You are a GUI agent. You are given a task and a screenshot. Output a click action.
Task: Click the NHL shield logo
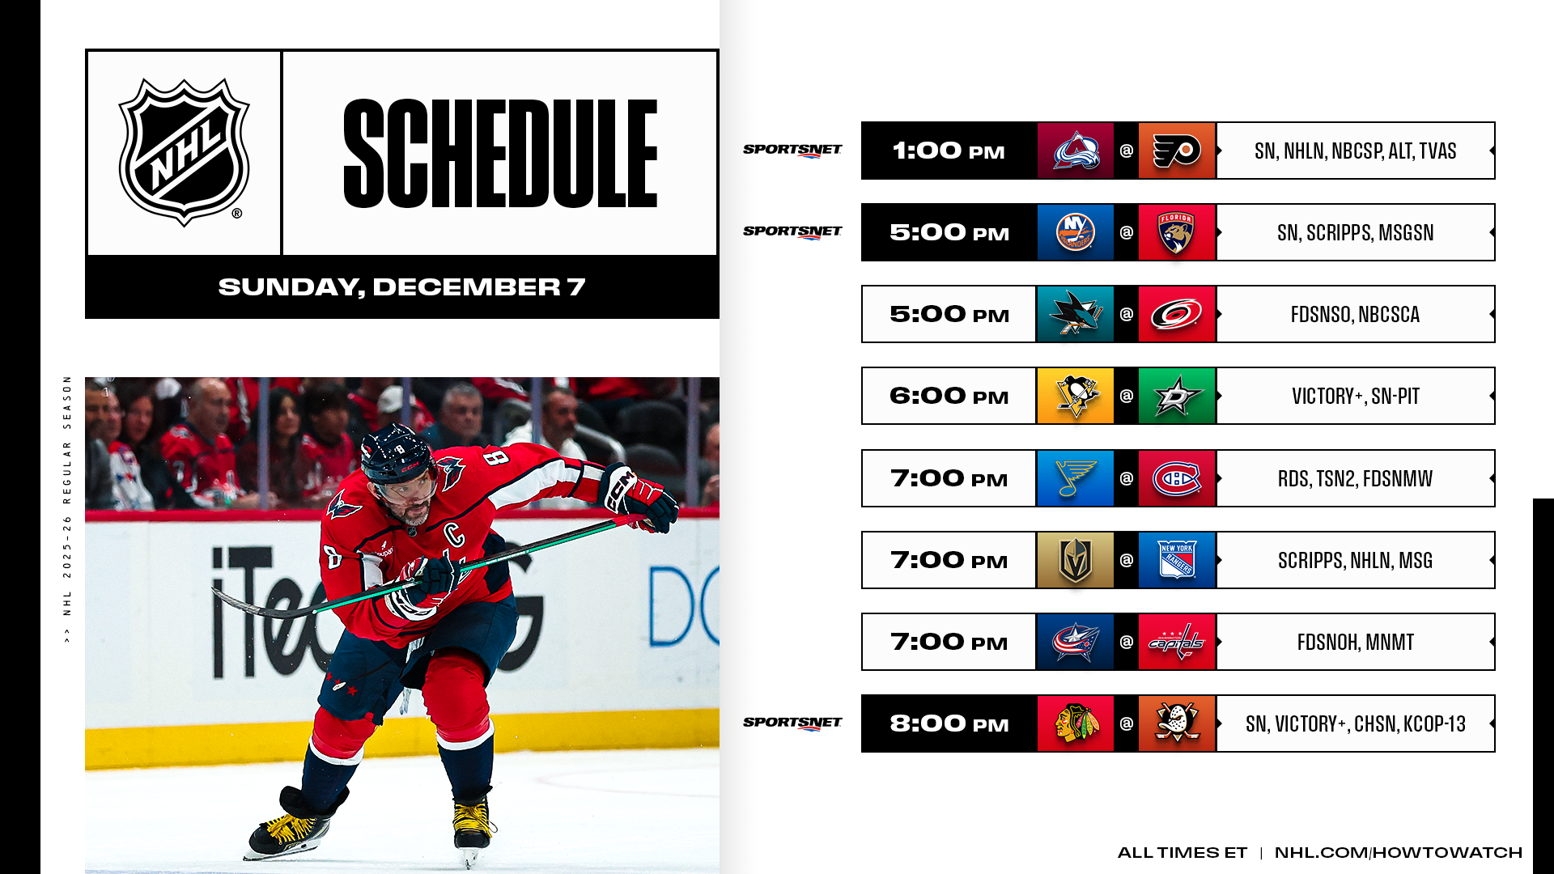(184, 152)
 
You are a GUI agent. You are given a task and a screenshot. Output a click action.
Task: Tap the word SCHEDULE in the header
(500, 154)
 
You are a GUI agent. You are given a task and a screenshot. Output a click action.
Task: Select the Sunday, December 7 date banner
(401, 286)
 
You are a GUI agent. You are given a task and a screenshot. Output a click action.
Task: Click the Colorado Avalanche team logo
(1076, 151)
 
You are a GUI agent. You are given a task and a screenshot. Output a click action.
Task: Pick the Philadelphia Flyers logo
(1177, 151)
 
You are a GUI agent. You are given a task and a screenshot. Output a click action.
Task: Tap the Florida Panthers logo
(1177, 232)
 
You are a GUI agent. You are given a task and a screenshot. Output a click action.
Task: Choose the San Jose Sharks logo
(1076, 314)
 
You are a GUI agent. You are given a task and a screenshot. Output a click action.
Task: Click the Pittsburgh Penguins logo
(1076, 396)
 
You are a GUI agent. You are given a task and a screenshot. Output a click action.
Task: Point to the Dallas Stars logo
(1177, 396)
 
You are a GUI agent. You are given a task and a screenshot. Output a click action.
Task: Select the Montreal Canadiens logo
(1177, 478)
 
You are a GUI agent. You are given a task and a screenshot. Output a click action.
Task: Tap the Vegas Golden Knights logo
(1076, 560)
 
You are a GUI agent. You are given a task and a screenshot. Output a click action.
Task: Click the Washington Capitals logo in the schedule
(1177, 642)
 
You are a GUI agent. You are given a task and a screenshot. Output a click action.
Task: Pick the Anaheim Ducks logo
(1177, 723)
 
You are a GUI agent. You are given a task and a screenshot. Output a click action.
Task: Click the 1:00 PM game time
(949, 151)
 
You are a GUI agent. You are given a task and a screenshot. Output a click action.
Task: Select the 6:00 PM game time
(949, 396)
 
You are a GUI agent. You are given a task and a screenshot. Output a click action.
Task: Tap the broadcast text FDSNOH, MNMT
(1356, 642)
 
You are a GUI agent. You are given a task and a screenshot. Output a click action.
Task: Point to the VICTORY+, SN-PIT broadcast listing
(1356, 396)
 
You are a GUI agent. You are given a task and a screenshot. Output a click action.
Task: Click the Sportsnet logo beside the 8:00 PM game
(792, 723)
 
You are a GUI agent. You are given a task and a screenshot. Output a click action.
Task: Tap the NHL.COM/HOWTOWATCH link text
(1399, 852)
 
